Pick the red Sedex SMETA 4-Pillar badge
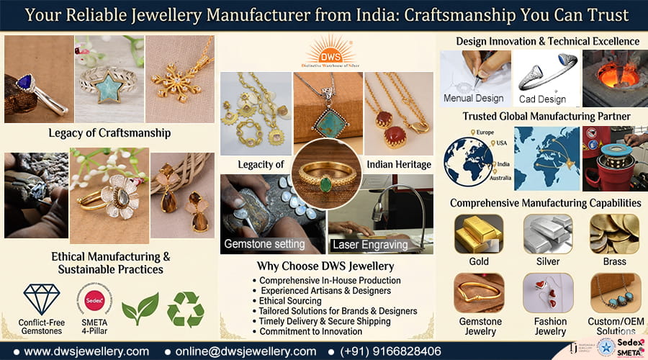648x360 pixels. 91,297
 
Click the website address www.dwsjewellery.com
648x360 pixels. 86,351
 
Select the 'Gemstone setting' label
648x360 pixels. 264,244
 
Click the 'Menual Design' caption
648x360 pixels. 473,99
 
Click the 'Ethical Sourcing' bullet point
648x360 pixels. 290,301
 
